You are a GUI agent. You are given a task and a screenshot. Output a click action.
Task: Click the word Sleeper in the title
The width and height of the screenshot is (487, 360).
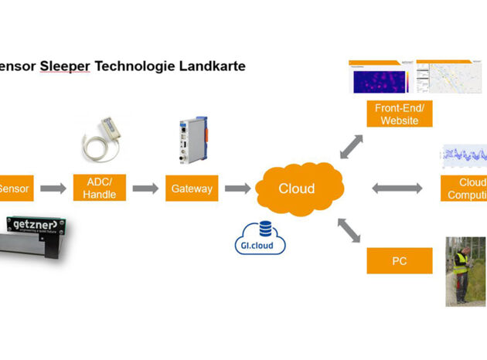(66, 66)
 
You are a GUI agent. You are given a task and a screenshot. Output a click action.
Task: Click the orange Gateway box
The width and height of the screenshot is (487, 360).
(192, 188)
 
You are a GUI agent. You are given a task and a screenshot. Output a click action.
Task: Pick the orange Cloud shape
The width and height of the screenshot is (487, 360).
(296, 188)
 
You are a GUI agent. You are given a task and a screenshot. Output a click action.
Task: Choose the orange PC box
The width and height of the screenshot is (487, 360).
(399, 261)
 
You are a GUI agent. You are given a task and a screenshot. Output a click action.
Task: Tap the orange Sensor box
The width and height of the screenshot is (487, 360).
(13, 188)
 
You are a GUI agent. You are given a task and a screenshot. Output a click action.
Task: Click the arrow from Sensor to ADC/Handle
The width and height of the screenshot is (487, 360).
(53, 188)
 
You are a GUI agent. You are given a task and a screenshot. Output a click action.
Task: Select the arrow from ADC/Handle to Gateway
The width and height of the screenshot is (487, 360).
(145, 188)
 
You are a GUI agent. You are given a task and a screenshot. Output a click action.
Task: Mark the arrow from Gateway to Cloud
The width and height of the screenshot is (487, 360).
(237, 188)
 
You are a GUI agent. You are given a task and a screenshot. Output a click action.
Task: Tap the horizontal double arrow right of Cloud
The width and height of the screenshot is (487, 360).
(397, 188)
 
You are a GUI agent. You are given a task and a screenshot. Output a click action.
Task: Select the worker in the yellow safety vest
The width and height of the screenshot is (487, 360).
(461, 267)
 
